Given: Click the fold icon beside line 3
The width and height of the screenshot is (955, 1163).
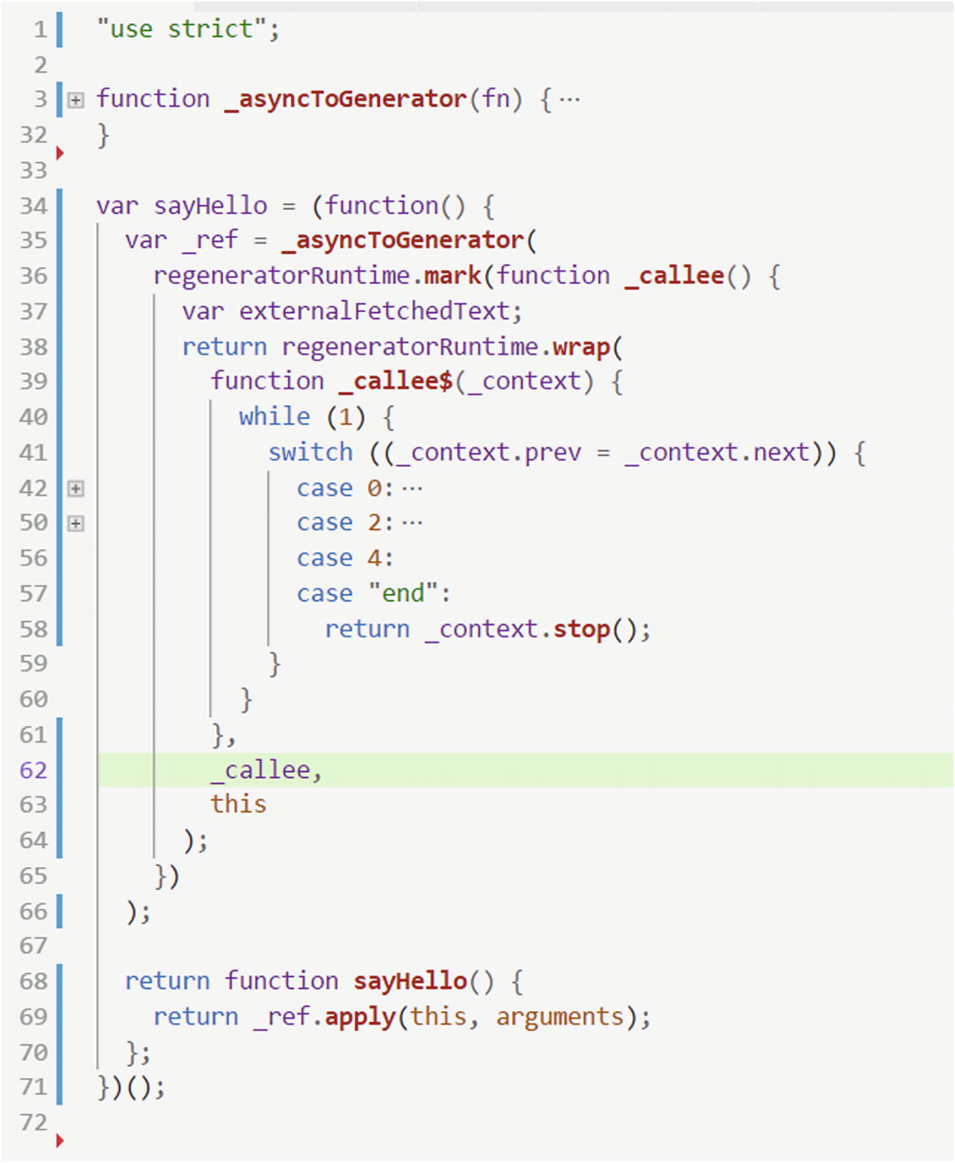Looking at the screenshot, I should (x=76, y=100).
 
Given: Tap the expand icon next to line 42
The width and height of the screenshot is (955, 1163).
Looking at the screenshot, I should (x=76, y=488).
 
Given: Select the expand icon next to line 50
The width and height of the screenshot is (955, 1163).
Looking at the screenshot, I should (x=76, y=523).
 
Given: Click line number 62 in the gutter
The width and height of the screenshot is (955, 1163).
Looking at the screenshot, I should (x=34, y=770).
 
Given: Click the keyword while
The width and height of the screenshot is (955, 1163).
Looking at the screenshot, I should (x=274, y=417).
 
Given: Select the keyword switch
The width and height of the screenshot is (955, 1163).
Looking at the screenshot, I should (x=310, y=453).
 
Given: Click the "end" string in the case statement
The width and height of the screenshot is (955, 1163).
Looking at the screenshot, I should (x=403, y=594).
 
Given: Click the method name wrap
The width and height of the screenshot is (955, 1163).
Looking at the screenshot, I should (x=581, y=347).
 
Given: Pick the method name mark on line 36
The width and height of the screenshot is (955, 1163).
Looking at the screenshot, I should (x=452, y=276).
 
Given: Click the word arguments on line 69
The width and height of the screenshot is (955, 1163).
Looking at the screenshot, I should (x=560, y=1017).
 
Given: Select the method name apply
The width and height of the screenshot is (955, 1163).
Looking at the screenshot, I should (x=360, y=1017).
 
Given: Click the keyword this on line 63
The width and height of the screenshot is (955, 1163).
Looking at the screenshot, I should (x=239, y=805).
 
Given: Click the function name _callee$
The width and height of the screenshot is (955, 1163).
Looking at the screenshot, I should (x=395, y=382).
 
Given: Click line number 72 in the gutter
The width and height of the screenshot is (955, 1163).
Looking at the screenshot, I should (x=34, y=1123).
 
